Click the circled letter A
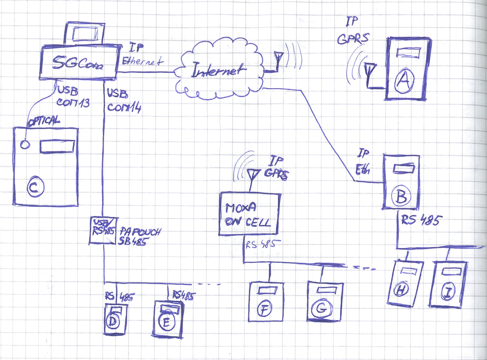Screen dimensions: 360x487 (x=404, y=81)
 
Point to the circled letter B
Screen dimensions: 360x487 (x=401, y=196)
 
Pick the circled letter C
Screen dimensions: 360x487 (x=36, y=188)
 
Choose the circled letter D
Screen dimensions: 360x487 (x=113, y=322)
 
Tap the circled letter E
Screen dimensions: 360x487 (x=166, y=322)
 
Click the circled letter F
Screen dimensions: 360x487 (x=264, y=309)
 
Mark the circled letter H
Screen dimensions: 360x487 (x=401, y=290)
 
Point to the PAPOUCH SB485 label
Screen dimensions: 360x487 (x=139, y=237)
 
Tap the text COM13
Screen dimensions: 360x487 (x=73, y=102)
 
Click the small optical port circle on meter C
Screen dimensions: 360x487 (x=25, y=144)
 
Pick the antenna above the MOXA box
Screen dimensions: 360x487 (x=252, y=176)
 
